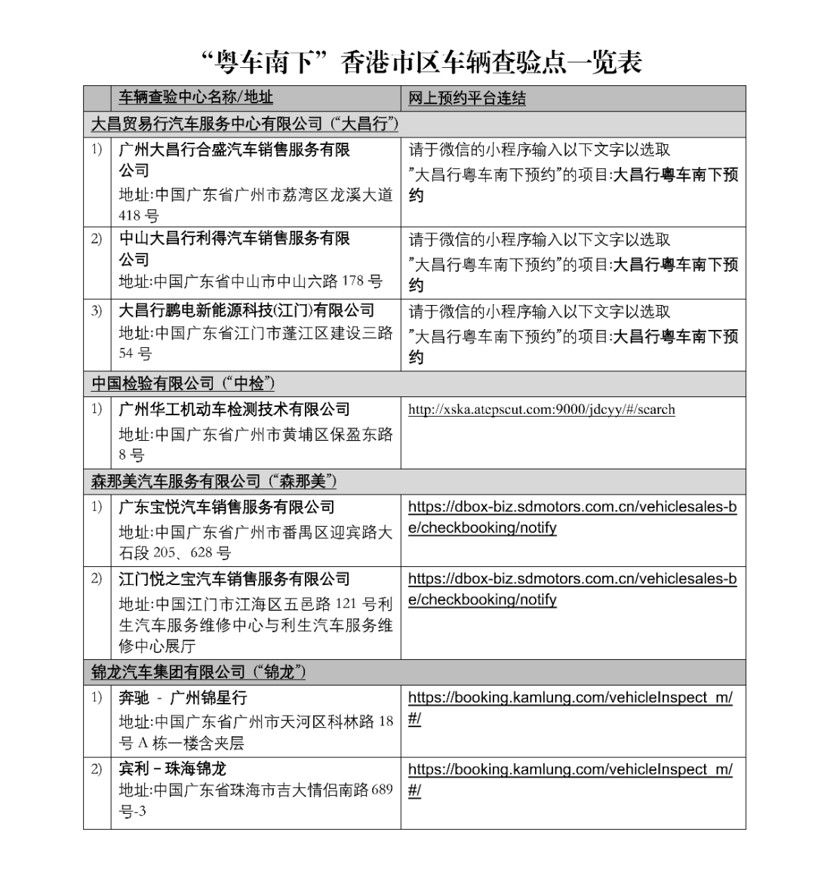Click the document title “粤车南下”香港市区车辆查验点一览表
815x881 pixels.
(x=423, y=63)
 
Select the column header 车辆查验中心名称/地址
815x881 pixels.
(x=196, y=97)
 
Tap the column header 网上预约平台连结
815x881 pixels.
(x=467, y=98)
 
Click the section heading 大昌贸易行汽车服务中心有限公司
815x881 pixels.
(x=244, y=123)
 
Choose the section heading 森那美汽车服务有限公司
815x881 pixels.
(x=214, y=481)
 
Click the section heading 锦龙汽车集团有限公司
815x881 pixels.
(x=198, y=672)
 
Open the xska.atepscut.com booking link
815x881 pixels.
(x=541, y=410)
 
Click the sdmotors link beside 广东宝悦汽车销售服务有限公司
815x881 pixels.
(x=572, y=517)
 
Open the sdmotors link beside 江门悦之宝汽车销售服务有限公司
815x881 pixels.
(x=572, y=589)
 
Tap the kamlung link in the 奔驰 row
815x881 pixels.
(x=570, y=707)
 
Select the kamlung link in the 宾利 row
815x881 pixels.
(x=570, y=779)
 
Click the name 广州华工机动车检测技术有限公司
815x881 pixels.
(x=235, y=410)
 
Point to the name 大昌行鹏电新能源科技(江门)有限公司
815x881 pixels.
(x=246, y=310)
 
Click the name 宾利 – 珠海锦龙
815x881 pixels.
(x=173, y=769)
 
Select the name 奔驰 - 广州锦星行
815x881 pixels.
(x=183, y=698)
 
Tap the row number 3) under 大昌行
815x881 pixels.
(x=97, y=310)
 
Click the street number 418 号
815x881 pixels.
(x=139, y=216)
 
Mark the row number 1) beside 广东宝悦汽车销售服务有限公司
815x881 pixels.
(x=97, y=507)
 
